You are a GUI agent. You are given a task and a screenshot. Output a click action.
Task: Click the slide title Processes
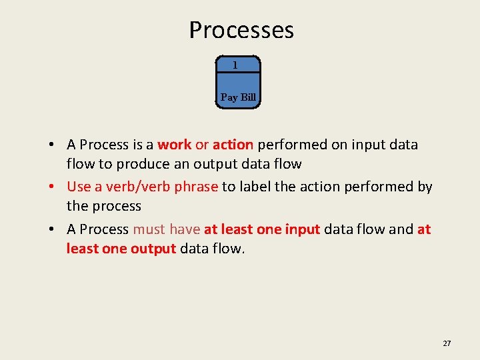[x=241, y=30]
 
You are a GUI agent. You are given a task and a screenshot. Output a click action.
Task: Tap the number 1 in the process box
[x=235, y=65]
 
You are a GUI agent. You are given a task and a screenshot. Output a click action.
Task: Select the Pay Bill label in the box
[x=238, y=97]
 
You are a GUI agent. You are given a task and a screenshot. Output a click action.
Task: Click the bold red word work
[x=174, y=145]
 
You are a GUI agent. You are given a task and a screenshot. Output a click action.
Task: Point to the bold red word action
[x=233, y=145]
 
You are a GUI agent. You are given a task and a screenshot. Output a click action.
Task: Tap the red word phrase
[x=196, y=187]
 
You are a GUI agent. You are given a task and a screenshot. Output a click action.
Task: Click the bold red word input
[x=303, y=229]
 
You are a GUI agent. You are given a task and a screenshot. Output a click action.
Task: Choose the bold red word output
[x=153, y=249]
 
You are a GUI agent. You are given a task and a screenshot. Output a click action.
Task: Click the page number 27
[x=447, y=343]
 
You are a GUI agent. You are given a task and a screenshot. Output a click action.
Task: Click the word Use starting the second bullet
[x=79, y=187]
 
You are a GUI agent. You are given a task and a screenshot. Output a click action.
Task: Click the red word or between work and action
[x=202, y=145]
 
